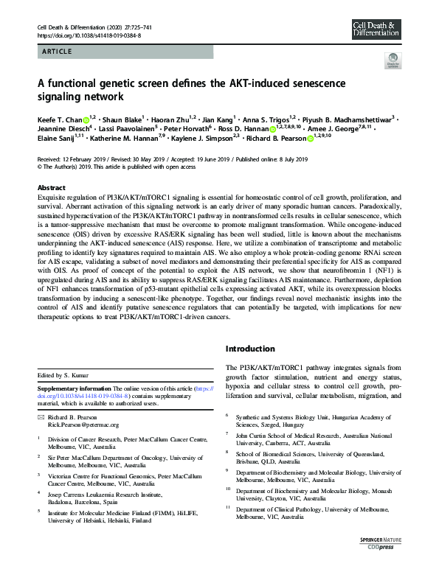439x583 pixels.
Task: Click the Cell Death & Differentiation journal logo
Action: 376,30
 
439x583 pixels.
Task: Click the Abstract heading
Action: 51,188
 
